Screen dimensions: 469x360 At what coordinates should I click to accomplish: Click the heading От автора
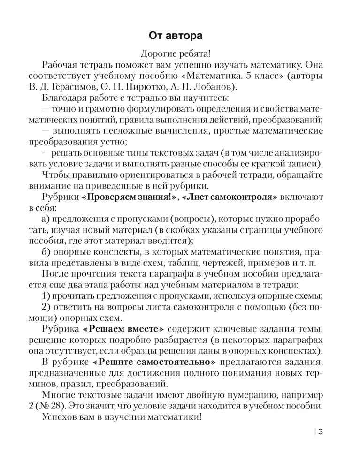(180, 36)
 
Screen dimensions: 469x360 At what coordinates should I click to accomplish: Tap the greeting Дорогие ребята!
(180, 53)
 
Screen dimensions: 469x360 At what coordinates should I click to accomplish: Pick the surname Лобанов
(222, 87)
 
